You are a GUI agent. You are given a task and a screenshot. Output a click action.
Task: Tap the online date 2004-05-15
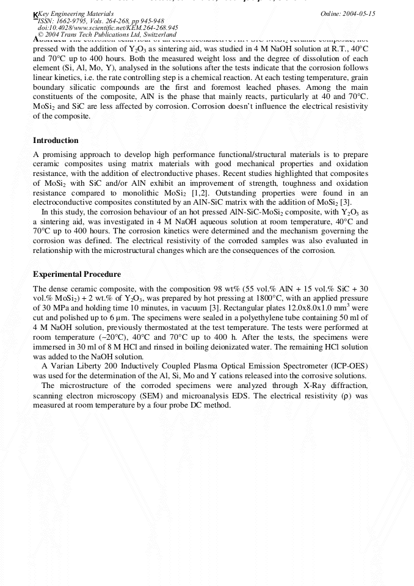360,13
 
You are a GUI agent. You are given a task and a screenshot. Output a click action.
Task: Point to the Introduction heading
56,141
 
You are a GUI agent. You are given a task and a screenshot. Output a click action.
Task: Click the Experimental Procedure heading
77,274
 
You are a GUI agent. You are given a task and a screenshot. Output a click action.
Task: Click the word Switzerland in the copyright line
156,35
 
